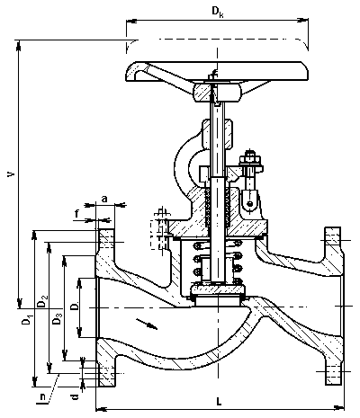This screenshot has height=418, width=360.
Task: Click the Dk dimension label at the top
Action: [x=218, y=12]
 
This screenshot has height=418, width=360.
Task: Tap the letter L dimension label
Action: [x=219, y=401]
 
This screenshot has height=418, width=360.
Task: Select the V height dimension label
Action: [x=11, y=173]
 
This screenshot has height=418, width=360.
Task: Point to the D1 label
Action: [x=27, y=320]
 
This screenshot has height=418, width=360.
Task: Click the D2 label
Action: [x=42, y=301]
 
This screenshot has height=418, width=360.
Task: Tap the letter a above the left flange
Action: [x=104, y=199]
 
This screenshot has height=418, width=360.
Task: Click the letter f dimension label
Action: [x=77, y=214]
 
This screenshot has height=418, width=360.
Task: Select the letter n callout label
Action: [x=42, y=397]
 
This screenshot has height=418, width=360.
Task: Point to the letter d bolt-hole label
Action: [x=76, y=397]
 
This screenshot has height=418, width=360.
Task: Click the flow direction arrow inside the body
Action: [x=147, y=324]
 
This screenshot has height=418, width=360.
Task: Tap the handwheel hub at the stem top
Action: [x=217, y=93]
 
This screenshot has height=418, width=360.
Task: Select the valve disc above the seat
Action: [x=218, y=290]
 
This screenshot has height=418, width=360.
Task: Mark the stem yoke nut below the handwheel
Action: [x=217, y=134]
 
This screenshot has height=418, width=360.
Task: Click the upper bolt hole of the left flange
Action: [x=105, y=242]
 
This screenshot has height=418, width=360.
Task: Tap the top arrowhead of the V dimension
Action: [x=19, y=45]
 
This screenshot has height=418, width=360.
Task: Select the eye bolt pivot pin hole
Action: [x=249, y=204]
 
